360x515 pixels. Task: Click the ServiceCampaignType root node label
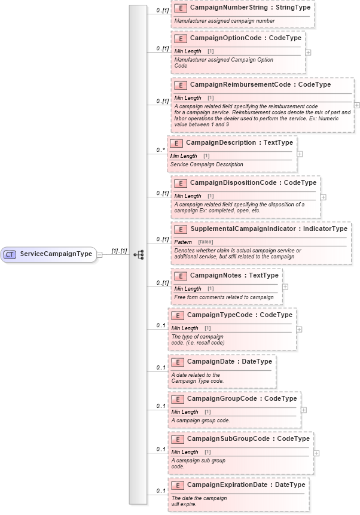click(56, 254)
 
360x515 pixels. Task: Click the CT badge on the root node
click(10, 254)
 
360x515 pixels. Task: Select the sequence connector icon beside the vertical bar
click(139, 254)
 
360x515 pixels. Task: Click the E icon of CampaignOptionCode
click(180, 38)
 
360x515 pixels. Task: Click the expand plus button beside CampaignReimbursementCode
click(357, 105)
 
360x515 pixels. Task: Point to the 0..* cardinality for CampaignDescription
click(159, 150)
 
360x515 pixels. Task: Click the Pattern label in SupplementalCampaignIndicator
click(183, 241)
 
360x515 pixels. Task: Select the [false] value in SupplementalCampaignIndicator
click(206, 241)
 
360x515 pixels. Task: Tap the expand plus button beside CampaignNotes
click(285, 287)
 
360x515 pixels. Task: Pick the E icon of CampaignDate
click(177, 362)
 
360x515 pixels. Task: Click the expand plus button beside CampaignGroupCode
click(304, 410)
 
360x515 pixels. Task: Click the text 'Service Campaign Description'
click(207, 164)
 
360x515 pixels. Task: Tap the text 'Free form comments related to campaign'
click(224, 297)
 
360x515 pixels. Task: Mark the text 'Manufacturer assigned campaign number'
click(224, 21)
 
